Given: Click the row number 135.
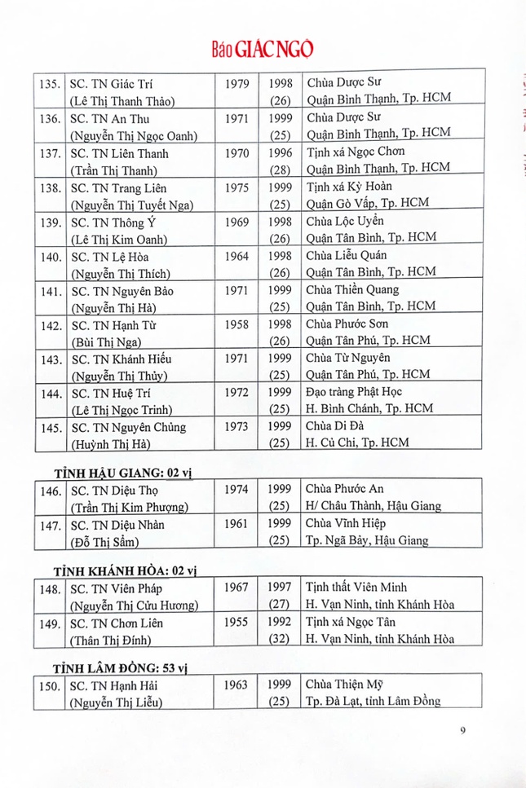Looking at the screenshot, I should tap(50, 84).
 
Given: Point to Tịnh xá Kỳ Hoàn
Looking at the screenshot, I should tap(346, 187).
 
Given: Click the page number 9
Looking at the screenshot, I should tap(462, 730).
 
